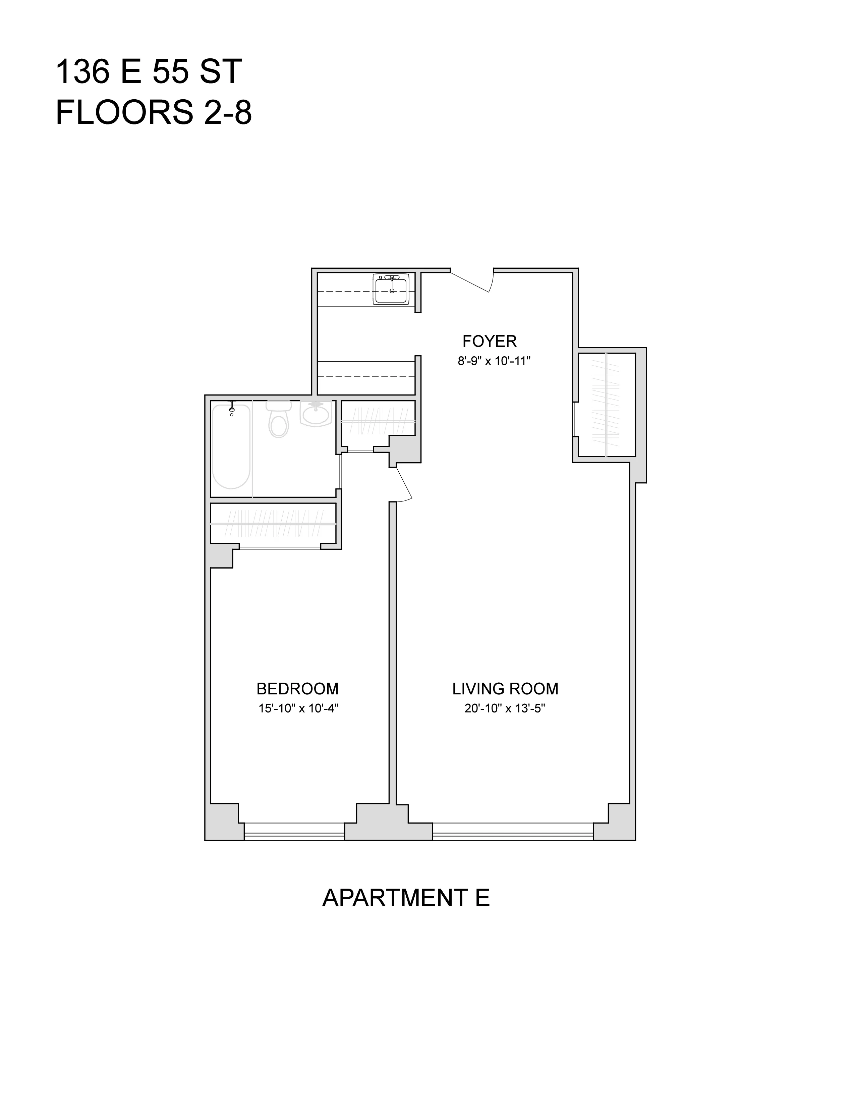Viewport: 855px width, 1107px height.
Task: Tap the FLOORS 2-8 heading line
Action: click(154, 112)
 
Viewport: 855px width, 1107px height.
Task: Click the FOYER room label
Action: click(489, 341)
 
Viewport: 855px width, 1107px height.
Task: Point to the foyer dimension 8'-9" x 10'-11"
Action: click(494, 361)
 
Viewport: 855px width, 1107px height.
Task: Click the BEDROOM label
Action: click(297, 689)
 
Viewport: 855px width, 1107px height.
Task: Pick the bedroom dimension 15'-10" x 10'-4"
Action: click(298, 708)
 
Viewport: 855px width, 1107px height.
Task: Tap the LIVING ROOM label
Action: click(505, 689)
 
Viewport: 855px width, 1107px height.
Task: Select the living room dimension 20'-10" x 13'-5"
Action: click(505, 708)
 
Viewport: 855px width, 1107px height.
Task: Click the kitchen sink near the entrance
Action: click(391, 289)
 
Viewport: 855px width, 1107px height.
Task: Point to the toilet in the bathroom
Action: click(279, 419)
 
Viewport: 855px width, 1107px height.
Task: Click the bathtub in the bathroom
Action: click(231, 446)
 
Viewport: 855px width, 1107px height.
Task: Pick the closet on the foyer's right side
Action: click(606, 404)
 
